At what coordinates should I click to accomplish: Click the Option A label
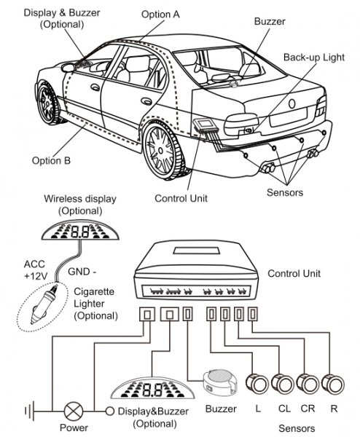(160, 15)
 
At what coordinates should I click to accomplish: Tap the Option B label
(51, 160)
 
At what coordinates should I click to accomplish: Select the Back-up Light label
(314, 57)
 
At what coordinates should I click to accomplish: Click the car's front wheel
(48, 103)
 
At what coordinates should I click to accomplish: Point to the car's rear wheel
(163, 151)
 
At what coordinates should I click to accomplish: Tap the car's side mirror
(69, 68)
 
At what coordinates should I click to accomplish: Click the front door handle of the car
(95, 87)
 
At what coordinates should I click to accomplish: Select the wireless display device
(80, 231)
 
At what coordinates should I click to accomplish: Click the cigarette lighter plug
(43, 305)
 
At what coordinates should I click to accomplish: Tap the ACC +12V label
(36, 269)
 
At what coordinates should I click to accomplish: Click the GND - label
(82, 271)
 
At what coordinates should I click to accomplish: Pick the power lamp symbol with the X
(74, 411)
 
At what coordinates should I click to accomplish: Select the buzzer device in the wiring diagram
(220, 382)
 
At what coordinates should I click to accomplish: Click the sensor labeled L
(257, 383)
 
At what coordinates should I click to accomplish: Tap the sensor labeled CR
(308, 383)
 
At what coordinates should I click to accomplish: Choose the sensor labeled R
(333, 383)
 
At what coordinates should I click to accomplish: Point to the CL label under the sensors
(284, 409)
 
